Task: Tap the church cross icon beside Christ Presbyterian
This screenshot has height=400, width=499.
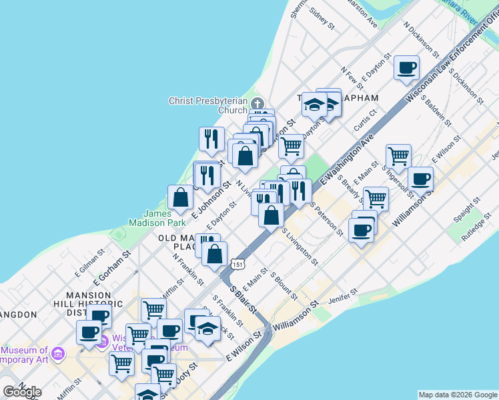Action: tap(257, 102)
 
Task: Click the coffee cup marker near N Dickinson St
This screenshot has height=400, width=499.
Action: tap(406, 68)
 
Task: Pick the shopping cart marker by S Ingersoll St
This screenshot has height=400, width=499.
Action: tap(398, 156)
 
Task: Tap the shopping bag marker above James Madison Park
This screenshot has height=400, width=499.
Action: tap(181, 197)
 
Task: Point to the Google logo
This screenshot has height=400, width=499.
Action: tap(22, 392)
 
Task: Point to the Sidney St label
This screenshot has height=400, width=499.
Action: tap(322, 19)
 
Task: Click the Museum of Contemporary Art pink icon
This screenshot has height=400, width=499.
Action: tap(58, 352)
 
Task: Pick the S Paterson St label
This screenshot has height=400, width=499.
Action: tap(326, 220)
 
